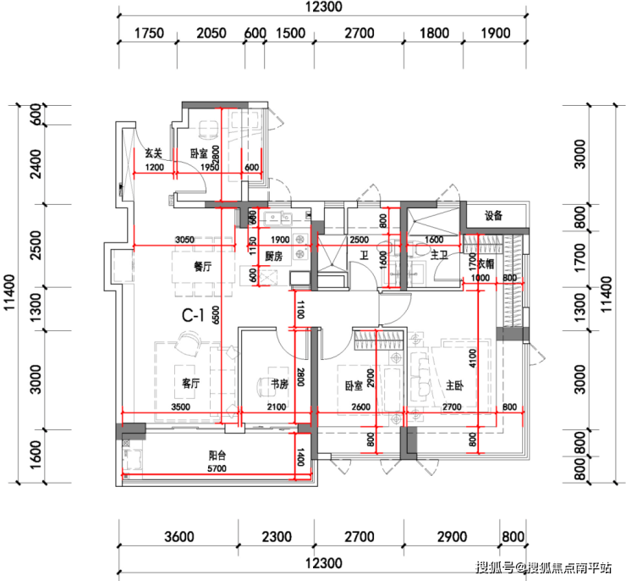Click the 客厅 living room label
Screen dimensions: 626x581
pyautogui.click(x=191, y=383)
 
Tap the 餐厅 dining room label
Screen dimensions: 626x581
pyautogui.click(x=203, y=266)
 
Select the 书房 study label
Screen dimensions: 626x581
pyautogui.click(x=279, y=384)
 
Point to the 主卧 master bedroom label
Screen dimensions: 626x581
pyautogui.click(x=454, y=385)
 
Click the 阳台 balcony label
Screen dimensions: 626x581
pyautogui.click(x=217, y=455)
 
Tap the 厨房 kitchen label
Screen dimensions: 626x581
pyautogui.click(x=274, y=256)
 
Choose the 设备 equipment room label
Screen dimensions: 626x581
pyautogui.click(x=493, y=216)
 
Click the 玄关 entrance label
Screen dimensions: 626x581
pyautogui.click(x=154, y=153)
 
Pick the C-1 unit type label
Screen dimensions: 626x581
pyautogui.click(x=193, y=315)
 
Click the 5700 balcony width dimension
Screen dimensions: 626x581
pyautogui.click(x=217, y=468)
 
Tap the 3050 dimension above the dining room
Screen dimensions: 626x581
pyautogui.click(x=185, y=240)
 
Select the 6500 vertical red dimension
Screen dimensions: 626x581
pyautogui.click(x=216, y=315)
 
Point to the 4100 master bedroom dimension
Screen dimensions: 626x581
pyautogui.click(x=473, y=358)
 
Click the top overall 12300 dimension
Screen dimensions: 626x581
pyautogui.click(x=324, y=7)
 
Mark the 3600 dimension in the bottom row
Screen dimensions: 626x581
pyautogui.click(x=179, y=537)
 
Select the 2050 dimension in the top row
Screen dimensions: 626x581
pyautogui.click(x=211, y=33)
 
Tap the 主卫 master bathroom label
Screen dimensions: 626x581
pyautogui.click(x=439, y=255)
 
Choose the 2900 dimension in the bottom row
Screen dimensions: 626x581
pyautogui.click(x=452, y=537)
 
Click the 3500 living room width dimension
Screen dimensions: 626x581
pyautogui.click(x=180, y=407)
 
